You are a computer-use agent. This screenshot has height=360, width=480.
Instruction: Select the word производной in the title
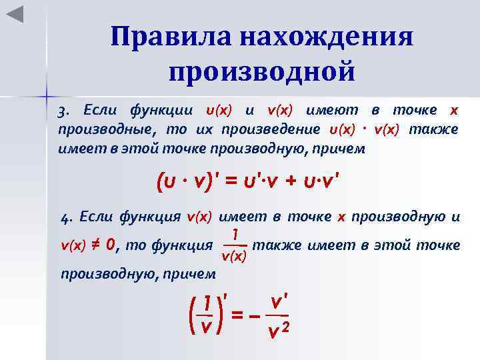pos(261,70)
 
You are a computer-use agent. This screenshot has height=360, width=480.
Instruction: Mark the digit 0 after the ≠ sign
pos(111,245)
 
